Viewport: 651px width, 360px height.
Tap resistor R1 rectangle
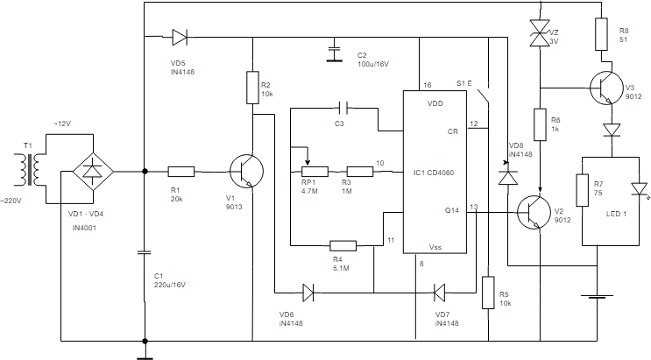pos(181,172)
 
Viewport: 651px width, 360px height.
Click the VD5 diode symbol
pos(180,37)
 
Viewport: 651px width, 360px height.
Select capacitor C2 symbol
pos(334,50)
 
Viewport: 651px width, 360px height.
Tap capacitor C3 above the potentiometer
pos(343,108)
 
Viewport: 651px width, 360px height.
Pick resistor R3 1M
pos(360,172)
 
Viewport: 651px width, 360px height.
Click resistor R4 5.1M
pos(342,246)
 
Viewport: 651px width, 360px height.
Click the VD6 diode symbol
pos(308,292)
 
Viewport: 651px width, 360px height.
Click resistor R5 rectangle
pos(488,293)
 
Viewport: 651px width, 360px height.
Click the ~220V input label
pos(11,201)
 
